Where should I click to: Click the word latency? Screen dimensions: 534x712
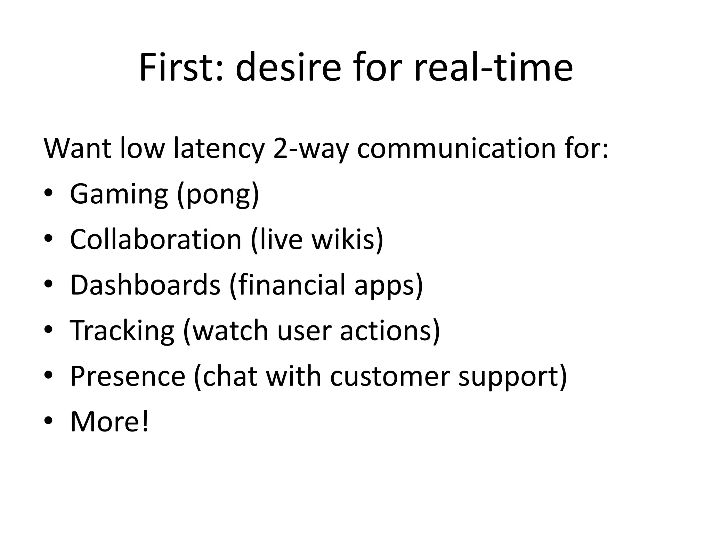click(x=219, y=149)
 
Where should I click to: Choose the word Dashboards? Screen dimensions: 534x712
click(x=145, y=285)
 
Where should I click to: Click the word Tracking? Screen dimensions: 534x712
click(x=122, y=331)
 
